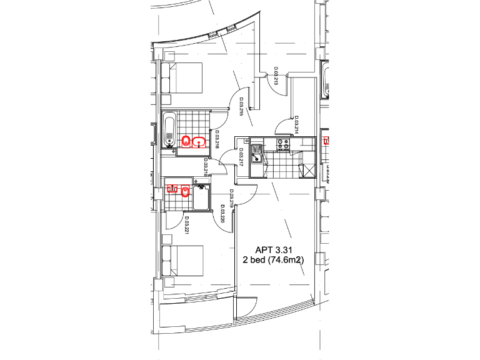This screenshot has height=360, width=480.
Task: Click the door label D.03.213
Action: pyautogui.click(x=276, y=76)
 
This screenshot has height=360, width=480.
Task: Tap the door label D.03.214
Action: pyautogui.click(x=296, y=124)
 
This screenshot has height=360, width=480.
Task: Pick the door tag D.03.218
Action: pyautogui.click(x=206, y=167)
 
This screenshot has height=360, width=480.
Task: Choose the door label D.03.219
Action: pyautogui.click(x=231, y=198)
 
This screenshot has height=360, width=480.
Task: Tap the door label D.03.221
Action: pyautogui.click(x=186, y=226)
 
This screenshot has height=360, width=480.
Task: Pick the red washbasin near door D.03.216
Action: pyautogui.click(x=199, y=141)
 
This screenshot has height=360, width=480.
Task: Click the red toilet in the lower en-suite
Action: pyautogui.click(x=185, y=192)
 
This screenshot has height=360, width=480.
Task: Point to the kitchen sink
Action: pyautogui.click(x=256, y=152)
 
